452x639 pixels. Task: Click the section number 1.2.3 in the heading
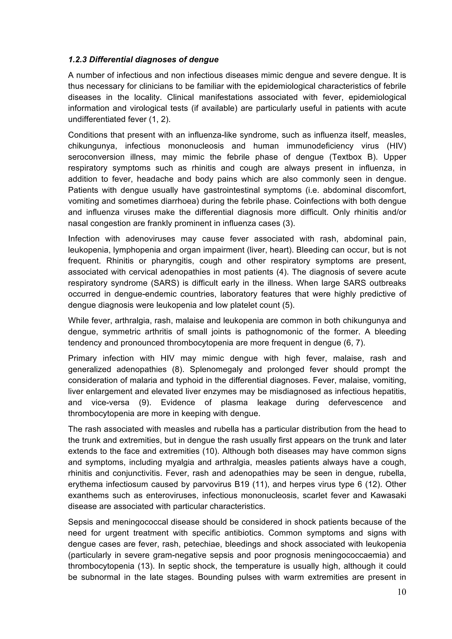(77, 60)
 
